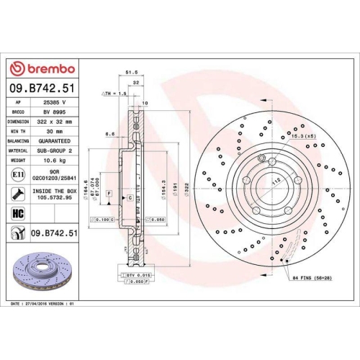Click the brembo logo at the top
(x=40, y=69)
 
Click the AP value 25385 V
(x=55, y=102)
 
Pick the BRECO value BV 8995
(x=55, y=112)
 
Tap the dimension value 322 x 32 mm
(x=55, y=122)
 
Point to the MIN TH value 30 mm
(x=55, y=132)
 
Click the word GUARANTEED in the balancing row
(x=55, y=143)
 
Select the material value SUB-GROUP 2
(x=55, y=152)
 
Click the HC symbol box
(x=17, y=212)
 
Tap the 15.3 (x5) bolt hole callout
(x=300, y=135)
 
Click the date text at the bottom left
(x=55, y=305)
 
